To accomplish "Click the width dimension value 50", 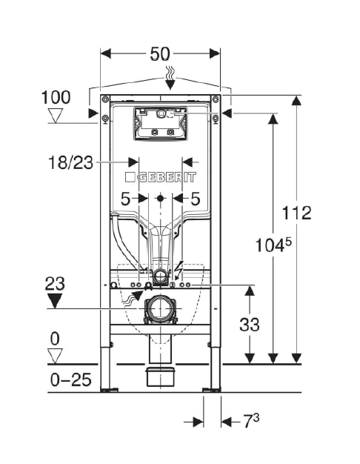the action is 160,54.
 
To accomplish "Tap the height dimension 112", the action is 297,213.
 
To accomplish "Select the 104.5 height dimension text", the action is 273,245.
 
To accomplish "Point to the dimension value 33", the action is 250,325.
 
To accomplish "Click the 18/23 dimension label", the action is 70,162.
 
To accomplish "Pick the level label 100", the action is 56,97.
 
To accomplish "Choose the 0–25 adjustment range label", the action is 70,380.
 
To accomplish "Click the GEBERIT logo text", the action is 160,177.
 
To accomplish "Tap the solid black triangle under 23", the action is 55,301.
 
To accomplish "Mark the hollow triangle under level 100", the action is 56,116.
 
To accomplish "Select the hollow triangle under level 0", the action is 55,357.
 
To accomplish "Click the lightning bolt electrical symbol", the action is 179,268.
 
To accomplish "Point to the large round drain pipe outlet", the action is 160,309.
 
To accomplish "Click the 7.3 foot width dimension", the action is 251,421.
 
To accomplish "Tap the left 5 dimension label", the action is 125,199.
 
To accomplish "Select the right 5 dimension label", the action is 196,199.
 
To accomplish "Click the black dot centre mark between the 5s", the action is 160,198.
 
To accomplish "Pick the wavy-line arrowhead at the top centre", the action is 170,84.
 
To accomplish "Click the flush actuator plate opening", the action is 161,123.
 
